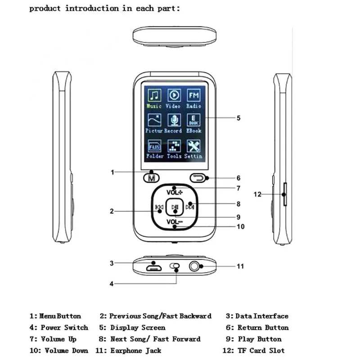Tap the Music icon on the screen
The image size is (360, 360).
pos(154,95)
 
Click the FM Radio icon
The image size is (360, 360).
pos(193,95)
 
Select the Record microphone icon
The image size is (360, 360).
pos(174,120)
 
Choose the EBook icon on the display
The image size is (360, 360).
pos(193,120)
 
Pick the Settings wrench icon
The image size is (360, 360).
pos(193,146)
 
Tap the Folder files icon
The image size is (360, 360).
pos(154,146)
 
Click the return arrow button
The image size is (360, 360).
pos(198,178)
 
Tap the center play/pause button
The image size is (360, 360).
pos(175,207)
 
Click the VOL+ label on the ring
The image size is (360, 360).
pos(175,193)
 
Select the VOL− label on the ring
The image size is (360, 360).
pos(175,222)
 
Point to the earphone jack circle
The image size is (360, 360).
pos(194,266)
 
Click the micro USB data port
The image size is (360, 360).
pos(154,268)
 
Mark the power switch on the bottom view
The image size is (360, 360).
pos(175,266)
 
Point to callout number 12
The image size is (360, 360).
pos(257,194)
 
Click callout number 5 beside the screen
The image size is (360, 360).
pos(238,118)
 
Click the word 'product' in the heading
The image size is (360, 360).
pos(45,9)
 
